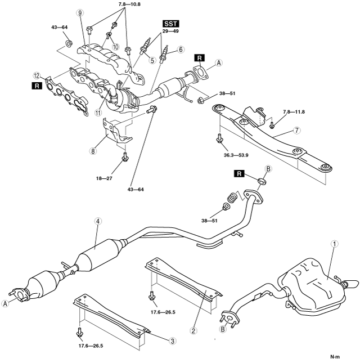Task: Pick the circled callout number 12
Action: coord(36,75)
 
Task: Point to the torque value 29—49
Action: coord(169,32)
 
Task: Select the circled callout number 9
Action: coord(80,12)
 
